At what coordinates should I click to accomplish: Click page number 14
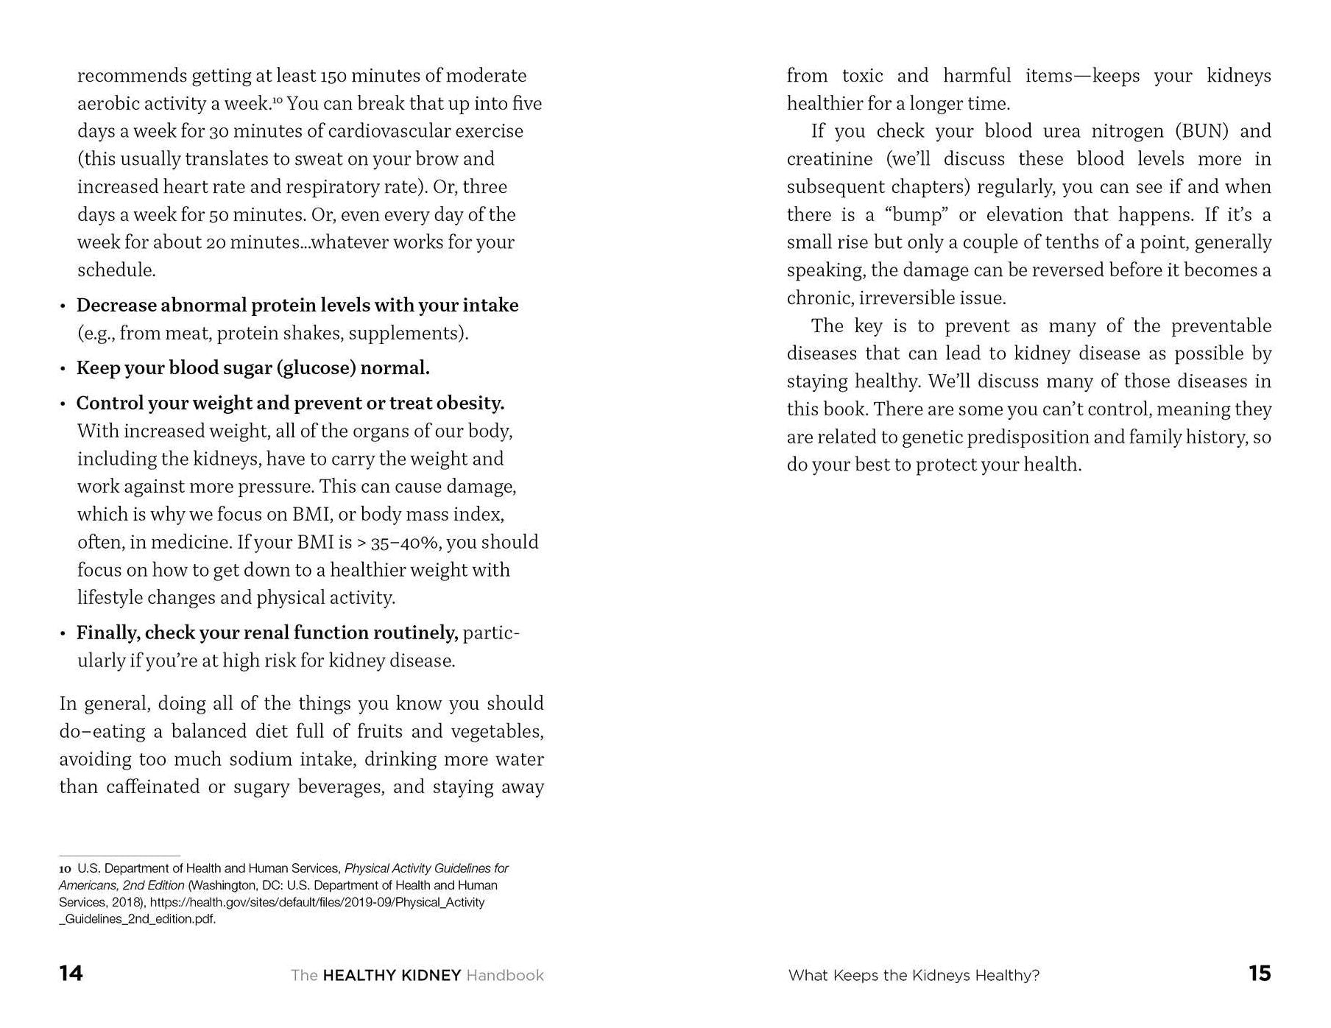coord(71,974)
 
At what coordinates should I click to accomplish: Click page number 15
coord(1260,974)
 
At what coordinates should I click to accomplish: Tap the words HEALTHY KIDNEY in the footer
coord(392,975)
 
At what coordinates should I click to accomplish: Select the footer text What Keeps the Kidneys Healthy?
coord(914,975)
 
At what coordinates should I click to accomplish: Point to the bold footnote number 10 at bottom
coord(65,869)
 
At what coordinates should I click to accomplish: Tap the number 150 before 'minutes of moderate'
coord(334,76)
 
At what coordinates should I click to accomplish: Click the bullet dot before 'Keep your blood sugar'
coord(63,369)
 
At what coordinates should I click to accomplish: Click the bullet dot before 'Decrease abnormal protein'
coord(63,306)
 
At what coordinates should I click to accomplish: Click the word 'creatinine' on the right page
coord(830,159)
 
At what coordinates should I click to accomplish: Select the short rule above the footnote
coord(119,856)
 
